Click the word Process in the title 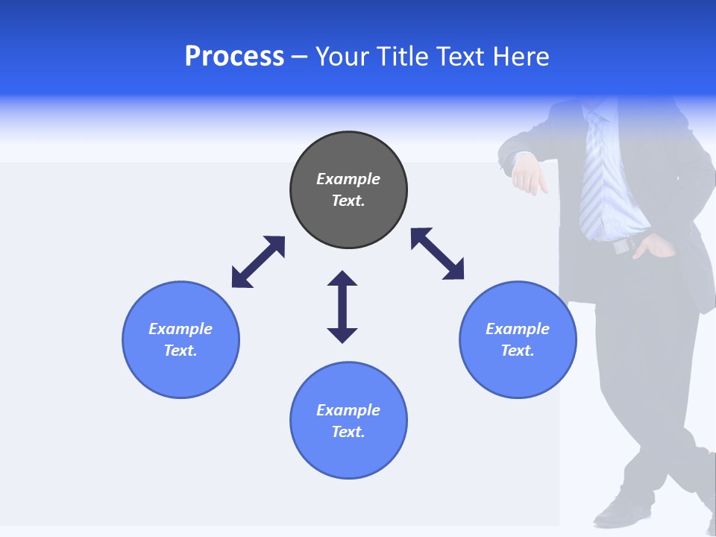point(234,57)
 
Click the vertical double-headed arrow point(342,307)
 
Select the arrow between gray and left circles point(258,262)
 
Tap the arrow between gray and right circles point(437,254)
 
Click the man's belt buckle point(621,245)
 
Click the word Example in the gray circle point(348,179)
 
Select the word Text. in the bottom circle point(348,432)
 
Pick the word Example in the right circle point(518,329)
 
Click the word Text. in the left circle point(180,351)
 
